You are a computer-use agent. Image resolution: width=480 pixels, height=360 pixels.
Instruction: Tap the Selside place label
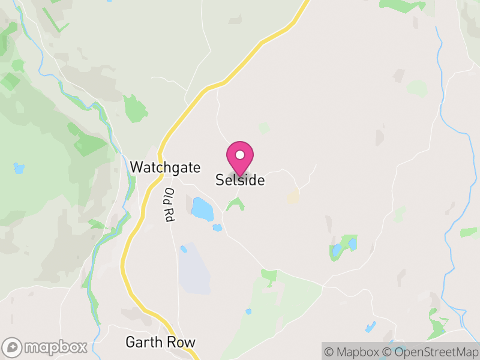point(240,180)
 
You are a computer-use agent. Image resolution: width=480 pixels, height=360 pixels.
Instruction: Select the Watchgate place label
point(165,167)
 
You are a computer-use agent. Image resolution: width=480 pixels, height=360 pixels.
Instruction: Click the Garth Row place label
point(160,343)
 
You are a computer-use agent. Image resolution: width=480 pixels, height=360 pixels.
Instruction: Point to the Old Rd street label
point(169,206)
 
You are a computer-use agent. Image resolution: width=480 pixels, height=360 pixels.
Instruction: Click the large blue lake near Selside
point(202,209)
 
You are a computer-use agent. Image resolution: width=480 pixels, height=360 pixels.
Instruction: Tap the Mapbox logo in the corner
point(46,347)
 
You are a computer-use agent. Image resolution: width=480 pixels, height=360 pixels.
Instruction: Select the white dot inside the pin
point(240,155)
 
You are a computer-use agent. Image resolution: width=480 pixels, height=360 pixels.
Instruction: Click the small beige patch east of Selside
point(293,197)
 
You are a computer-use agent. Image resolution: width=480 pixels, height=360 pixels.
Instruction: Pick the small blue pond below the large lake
point(217,227)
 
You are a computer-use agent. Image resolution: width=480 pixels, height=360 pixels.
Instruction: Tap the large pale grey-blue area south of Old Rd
point(193,268)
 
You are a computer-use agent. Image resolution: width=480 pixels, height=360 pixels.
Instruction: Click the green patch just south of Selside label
point(235,205)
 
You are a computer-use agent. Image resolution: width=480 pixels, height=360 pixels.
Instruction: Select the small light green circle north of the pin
point(263,128)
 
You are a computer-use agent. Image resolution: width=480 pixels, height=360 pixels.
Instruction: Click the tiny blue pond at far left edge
point(19,169)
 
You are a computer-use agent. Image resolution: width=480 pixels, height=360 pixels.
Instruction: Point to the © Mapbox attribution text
point(350,351)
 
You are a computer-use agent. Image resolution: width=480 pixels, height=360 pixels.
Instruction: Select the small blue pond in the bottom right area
point(371,327)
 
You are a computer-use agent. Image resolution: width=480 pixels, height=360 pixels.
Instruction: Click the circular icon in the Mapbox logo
point(13,347)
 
